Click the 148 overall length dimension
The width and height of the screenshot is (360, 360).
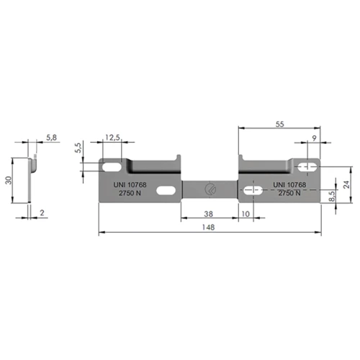[x=208, y=227]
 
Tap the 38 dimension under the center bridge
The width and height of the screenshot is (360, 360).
[x=208, y=214]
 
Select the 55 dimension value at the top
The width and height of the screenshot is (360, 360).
[x=279, y=124]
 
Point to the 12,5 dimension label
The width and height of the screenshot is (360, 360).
[x=112, y=138]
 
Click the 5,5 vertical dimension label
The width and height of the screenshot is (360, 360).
[x=78, y=148]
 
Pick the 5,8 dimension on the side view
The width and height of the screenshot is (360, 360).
[x=51, y=138]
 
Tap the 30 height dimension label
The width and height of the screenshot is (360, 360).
[x=9, y=180]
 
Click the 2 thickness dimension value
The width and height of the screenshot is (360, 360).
[x=42, y=212]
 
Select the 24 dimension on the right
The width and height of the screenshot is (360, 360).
[x=346, y=184]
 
